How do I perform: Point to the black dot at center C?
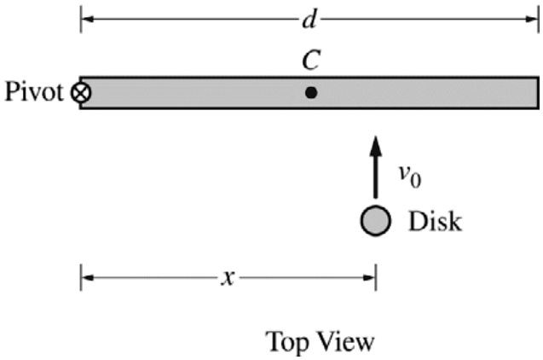[x=311, y=92]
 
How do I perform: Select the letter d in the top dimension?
[x=309, y=18]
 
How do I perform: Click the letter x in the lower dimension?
[x=228, y=278]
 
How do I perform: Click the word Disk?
[x=435, y=223]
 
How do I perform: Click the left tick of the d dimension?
[x=81, y=19]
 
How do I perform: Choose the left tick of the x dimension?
[x=81, y=277]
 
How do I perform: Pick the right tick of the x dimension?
[x=376, y=277]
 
